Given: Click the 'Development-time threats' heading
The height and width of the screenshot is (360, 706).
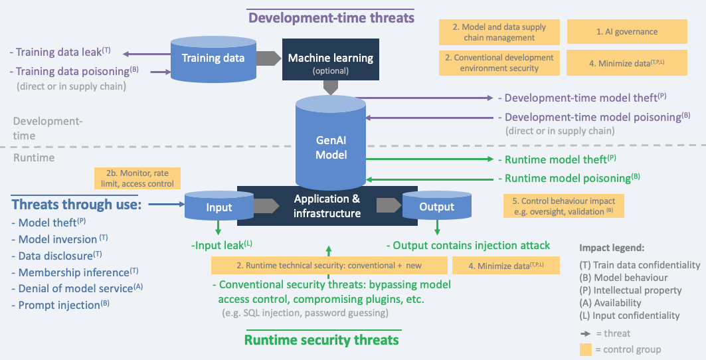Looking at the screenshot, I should coord(330,17).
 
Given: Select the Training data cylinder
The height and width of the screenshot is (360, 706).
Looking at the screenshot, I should coord(214,58).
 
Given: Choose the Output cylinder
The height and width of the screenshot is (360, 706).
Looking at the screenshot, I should coord(436,207).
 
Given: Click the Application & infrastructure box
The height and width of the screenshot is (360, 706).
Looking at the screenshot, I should coord(327,206).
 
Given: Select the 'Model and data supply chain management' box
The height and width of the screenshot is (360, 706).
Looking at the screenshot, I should coord(499,32).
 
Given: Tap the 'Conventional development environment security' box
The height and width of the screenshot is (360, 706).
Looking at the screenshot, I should coord(499,62).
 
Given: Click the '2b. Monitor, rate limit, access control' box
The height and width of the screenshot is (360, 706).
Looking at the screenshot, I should coord(138,177).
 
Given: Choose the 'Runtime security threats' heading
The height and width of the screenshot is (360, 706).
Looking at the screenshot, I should coord(321,340).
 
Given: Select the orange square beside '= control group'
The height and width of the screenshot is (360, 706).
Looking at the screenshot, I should coord(585,349).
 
